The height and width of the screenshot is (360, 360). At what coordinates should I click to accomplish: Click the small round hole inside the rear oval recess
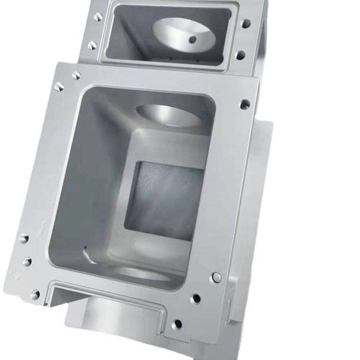(192, 40)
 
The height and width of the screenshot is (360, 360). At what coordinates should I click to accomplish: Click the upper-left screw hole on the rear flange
(98, 17)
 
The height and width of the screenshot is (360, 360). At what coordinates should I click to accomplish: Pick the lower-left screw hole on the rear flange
(92, 45)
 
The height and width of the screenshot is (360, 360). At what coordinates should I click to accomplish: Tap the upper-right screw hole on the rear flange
(245, 23)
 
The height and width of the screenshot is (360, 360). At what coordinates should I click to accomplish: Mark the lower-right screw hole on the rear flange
(240, 55)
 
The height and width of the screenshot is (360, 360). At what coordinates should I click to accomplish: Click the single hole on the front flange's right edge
(245, 104)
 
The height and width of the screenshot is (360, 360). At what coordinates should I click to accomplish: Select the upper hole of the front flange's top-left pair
(76, 76)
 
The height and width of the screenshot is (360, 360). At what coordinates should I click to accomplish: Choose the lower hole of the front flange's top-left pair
(59, 86)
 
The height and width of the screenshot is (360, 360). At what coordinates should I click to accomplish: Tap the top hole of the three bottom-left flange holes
(23, 238)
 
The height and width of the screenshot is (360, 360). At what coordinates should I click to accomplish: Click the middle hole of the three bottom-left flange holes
(27, 262)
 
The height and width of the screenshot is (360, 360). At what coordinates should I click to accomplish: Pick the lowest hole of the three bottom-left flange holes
(35, 294)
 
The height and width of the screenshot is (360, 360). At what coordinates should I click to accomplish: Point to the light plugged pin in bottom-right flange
(216, 277)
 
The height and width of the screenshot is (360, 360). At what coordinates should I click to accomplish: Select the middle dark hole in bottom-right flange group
(195, 299)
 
